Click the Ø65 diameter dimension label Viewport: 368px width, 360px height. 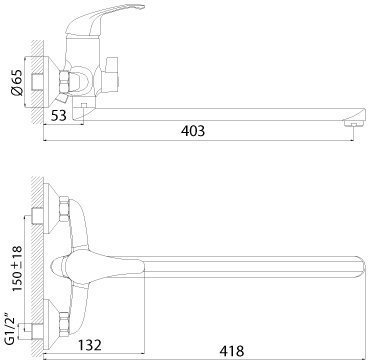[17, 82]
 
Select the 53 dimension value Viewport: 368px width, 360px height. [59, 115]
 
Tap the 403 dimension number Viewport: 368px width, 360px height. [193, 131]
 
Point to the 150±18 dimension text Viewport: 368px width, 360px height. [17, 268]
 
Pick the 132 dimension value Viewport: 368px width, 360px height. [89, 345]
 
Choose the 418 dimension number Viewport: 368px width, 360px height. [232, 351]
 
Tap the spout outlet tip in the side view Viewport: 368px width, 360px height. [353, 124]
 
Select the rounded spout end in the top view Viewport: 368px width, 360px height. [359, 267]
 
